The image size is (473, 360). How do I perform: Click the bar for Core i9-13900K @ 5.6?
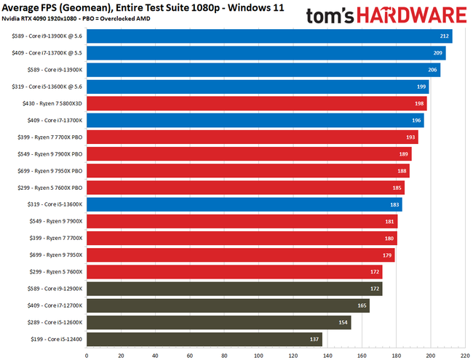click(x=269, y=36)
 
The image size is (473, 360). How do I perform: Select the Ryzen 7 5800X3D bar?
click(x=256, y=104)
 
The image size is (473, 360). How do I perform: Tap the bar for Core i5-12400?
click(x=204, y=339)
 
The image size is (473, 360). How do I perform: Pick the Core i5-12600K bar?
click(x=218, y=322)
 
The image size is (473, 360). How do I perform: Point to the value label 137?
click(x=314, y=339)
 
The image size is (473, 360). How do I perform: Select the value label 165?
click(x=362, y=305)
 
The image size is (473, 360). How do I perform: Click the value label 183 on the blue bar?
click(x=394, y=204)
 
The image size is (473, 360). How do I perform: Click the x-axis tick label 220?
click(x=465, y=355)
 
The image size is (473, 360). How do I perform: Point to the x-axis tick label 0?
click(x=87, y=355)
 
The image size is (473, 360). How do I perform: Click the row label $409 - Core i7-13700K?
click(x=52, y=121)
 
